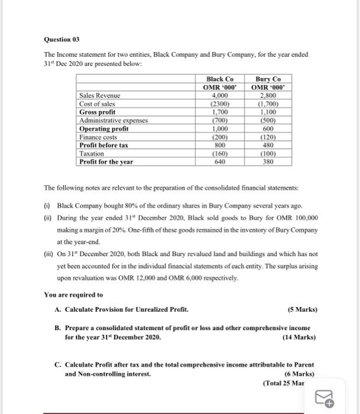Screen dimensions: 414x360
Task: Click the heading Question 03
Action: pos(62,40)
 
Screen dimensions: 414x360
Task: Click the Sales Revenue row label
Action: pos(99,95)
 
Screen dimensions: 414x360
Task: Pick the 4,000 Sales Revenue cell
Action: pos(220,95)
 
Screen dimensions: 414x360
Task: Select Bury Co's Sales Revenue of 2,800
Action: pos(268,95)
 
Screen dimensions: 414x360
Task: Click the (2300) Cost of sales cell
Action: pos(220,103)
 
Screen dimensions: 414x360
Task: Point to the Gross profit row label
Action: pos(98,112)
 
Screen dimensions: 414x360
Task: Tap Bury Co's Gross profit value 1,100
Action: pos(268,112)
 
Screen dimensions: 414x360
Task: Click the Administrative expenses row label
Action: pos(113,120)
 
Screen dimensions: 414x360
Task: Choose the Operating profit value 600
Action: pos(268,128)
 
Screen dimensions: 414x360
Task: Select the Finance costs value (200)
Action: pos(220,137)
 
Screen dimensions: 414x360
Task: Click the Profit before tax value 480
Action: pos(268,145)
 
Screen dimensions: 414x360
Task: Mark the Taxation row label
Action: pos(92,153)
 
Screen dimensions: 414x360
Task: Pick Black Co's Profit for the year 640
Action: pos(220,161)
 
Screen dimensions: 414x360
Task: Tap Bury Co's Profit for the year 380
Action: pos(268,161)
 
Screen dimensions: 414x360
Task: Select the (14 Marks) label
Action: pos(300,337)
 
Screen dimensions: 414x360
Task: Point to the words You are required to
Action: pos(73,295)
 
